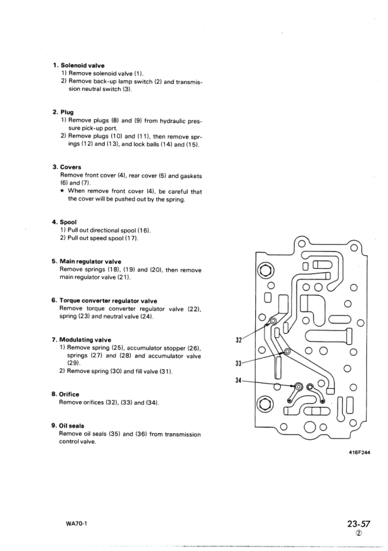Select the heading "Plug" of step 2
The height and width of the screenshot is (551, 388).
(67, 112)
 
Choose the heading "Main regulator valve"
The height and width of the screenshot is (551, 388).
(90, 261)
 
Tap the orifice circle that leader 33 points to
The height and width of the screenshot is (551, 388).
(287, 351)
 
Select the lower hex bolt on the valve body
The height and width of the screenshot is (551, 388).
(266, 403)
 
